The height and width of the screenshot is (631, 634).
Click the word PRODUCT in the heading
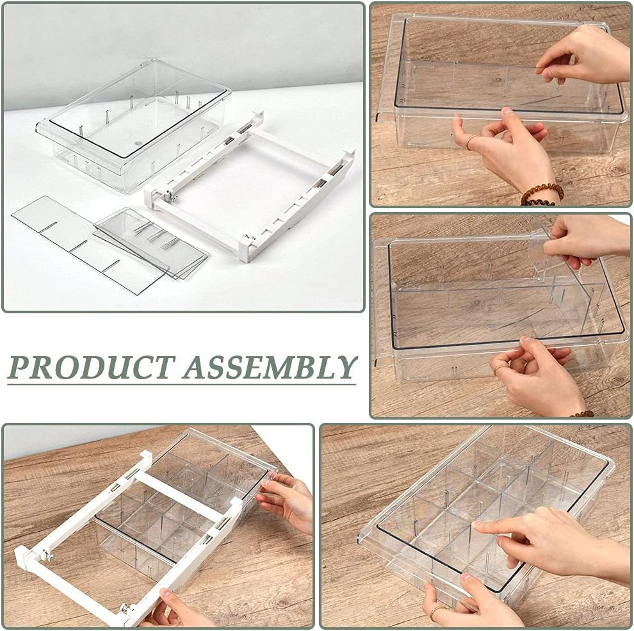[92, 367]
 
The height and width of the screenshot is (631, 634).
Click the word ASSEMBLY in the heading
[270, 367]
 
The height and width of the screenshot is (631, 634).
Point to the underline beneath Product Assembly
[181, 384]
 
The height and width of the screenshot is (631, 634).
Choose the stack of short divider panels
[152, 242]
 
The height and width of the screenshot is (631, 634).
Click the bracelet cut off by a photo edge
[581, 414]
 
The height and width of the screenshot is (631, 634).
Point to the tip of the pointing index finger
[478, 525]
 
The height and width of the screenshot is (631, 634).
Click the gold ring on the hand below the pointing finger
[437, 611]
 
